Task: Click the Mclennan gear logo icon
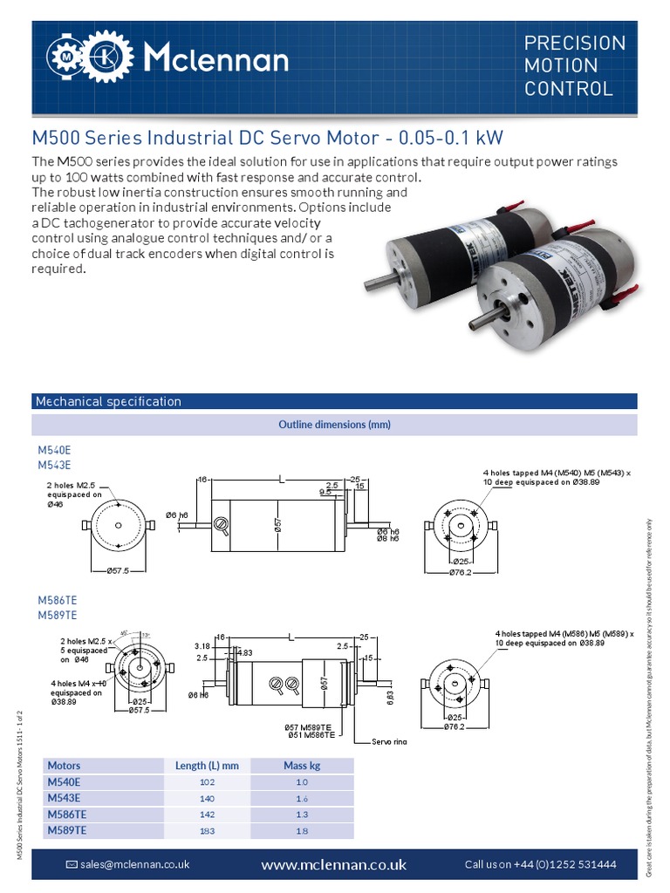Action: [85, 59]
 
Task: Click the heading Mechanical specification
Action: [107, 401]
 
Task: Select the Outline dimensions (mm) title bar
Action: [334, 425]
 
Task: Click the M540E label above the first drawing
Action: [53, 449]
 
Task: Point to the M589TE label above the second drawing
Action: [57, 615]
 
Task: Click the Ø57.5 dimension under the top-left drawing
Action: [111, 570]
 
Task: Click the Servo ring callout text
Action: [382, 741]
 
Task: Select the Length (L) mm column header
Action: [207, 766]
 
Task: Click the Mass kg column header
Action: [302, 766]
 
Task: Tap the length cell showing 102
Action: [207, 782]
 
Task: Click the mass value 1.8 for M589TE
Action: [302, 830]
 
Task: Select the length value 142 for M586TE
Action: [207, 814]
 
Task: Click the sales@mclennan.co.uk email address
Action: [134, 864]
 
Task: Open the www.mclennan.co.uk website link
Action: [334, 865]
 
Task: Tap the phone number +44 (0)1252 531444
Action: [540, 864]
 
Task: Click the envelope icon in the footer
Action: [72, 864]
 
